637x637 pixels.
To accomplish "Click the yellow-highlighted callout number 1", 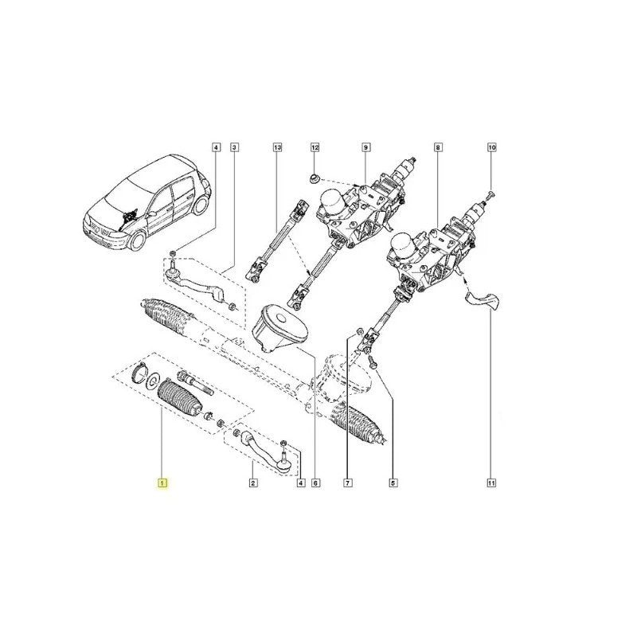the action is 162,483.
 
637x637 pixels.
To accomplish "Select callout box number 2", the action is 252,483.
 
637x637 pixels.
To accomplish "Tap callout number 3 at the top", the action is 234,147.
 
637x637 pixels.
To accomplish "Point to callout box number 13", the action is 277,147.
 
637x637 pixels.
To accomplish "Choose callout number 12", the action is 315,147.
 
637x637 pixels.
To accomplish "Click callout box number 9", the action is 365,147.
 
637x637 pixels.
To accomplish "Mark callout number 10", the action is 492,147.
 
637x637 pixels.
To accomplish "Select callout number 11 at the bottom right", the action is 491,483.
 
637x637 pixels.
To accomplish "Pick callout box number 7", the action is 348,483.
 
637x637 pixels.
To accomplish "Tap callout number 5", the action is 393,483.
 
